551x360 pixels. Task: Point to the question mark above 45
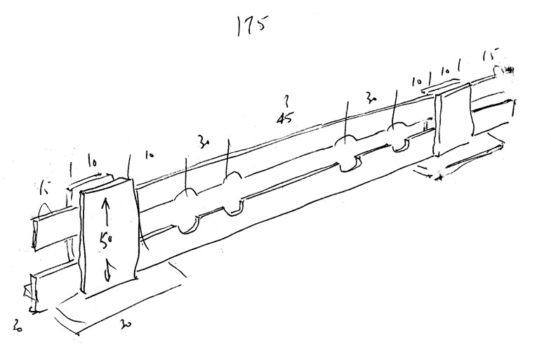[284, 97]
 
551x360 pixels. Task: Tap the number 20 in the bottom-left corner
[20, 324]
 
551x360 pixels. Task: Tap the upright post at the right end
[453, 119]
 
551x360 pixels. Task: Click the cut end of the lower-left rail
[29, 291]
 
